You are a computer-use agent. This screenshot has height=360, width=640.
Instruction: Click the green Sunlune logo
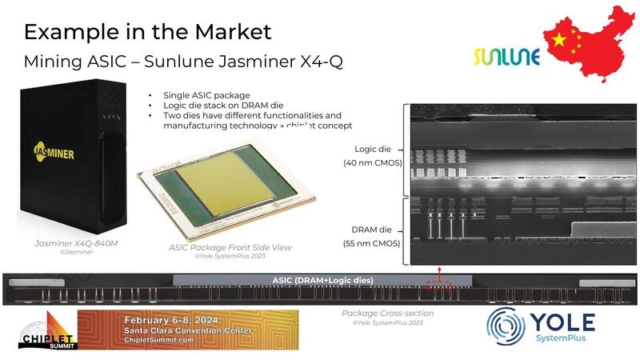pos(506,57)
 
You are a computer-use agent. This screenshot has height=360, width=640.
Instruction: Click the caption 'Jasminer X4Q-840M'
pos(74,242)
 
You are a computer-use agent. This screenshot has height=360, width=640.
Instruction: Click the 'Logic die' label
pos(372,149)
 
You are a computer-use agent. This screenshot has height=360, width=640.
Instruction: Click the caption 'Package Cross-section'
pos(387,313)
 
